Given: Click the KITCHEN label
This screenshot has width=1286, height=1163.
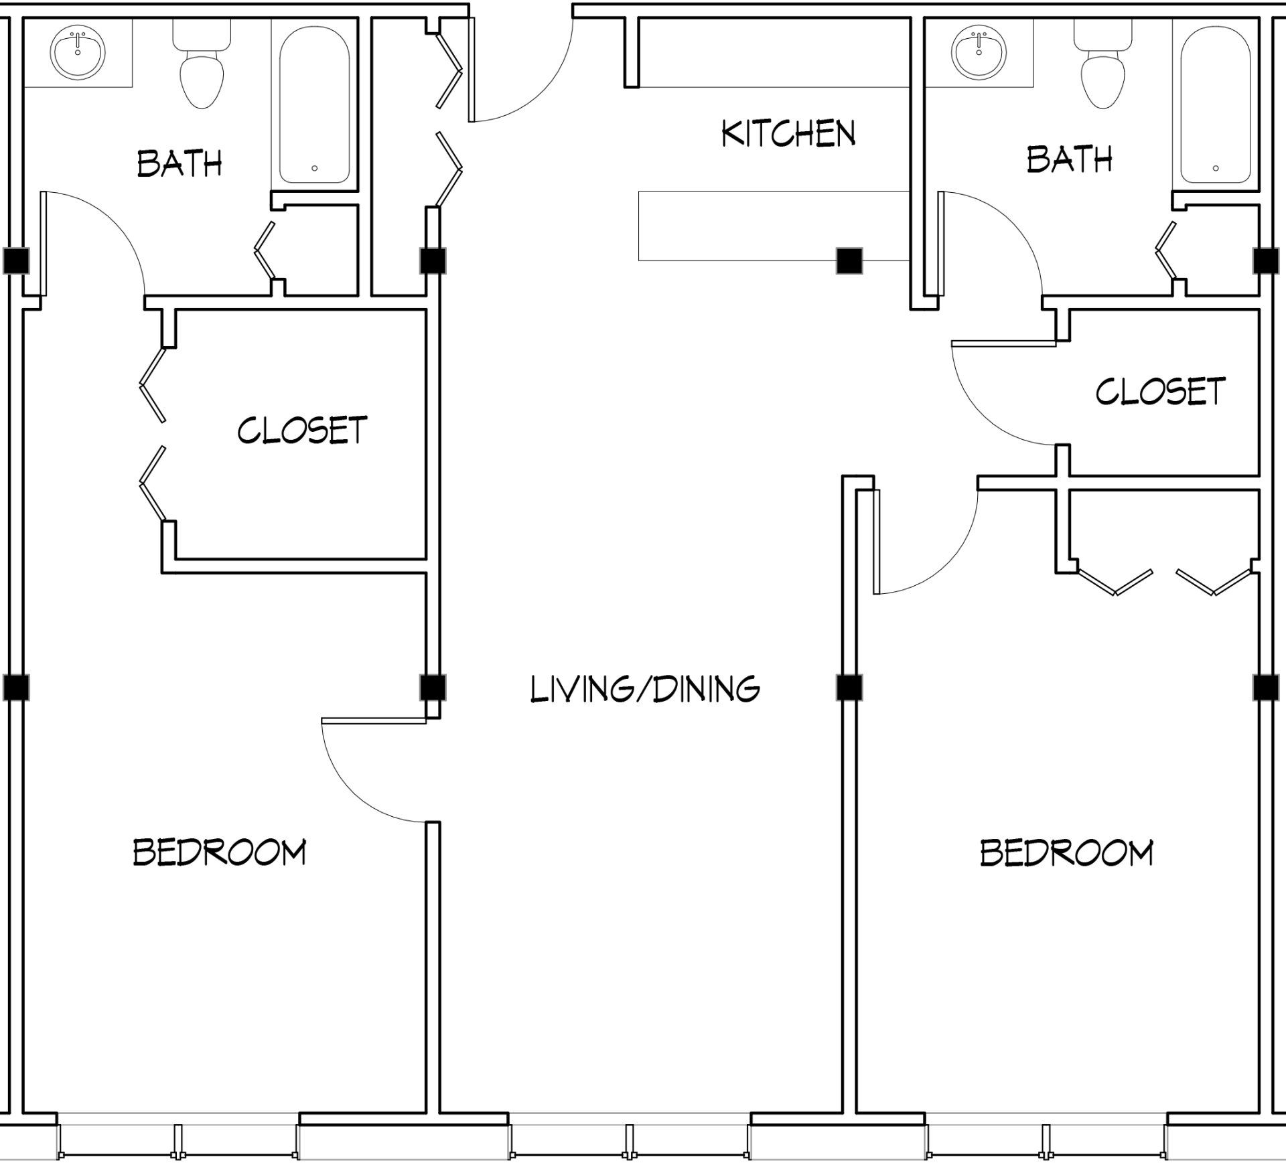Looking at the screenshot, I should click(x=788, y=133).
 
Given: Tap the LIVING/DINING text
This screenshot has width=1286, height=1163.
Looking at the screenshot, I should click(x=644, y=689).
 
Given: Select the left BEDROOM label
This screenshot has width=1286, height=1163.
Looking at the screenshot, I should click(x=219, y=852).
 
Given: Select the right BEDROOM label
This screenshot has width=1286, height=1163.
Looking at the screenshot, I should click(x=1066, y=852).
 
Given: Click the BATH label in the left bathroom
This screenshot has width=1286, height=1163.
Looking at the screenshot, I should click(x=179, y=163).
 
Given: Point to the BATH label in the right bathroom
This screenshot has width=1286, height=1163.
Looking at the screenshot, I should click(x=1069, y=159).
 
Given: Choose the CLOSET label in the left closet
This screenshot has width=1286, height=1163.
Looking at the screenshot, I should click(x=302, y=430).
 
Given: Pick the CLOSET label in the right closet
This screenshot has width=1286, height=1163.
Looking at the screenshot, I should click(x=1160, y=391).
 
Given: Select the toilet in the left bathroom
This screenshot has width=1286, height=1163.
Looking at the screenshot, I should click(x=202, y=74).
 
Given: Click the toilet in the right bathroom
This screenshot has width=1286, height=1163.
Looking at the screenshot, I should click(x=1102, y=74).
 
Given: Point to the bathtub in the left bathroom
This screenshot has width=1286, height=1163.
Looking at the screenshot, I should click(x=314, y=104).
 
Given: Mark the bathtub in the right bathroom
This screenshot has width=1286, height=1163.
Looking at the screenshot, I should click(x=1215, y=104).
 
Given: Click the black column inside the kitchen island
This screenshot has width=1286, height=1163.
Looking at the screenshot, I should click(x=849, y=260).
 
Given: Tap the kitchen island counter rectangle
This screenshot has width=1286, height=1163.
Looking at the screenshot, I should click(x=737, y=226).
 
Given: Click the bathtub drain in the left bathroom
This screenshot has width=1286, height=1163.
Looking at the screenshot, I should click(x=314, y=169).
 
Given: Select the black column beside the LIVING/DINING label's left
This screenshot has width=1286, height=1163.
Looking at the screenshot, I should click(x=432, y=687).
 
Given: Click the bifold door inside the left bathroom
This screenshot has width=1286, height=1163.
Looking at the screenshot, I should click(x=265, y=250).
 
